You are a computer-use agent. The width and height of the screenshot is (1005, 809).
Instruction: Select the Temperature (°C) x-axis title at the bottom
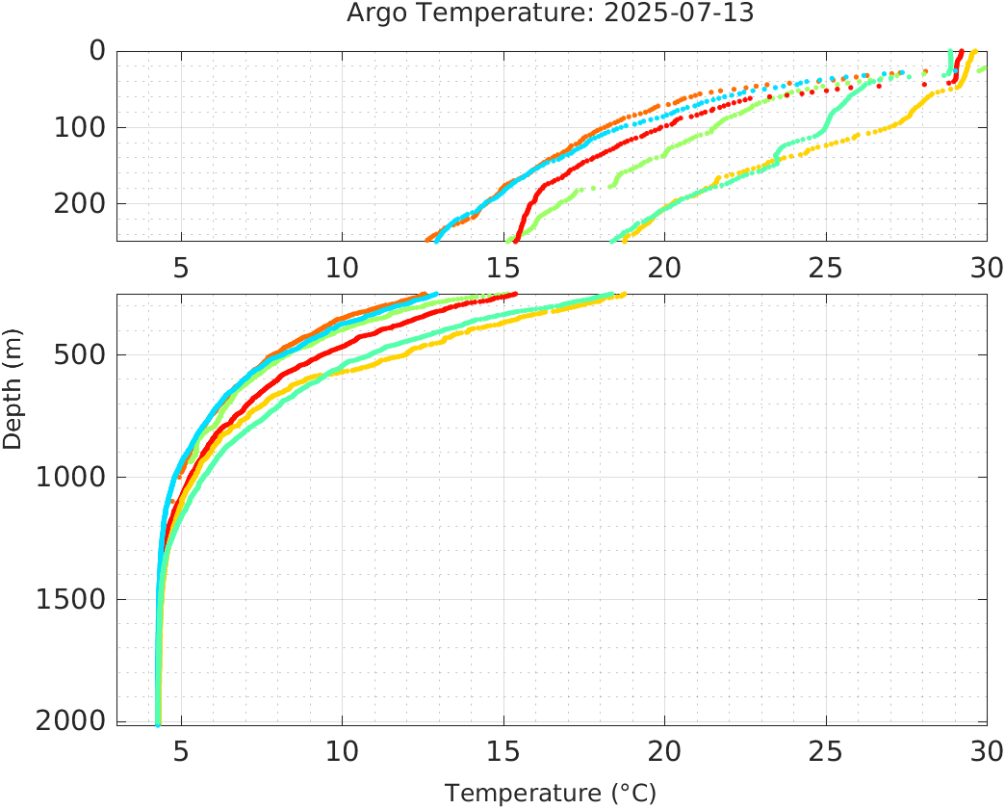coord(551,793)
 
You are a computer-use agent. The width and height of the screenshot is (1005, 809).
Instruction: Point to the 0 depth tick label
coord(96,50)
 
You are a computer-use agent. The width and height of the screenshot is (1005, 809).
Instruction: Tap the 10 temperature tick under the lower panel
coord(342,749)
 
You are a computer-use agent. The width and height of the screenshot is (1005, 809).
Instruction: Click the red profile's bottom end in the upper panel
coord(517,240)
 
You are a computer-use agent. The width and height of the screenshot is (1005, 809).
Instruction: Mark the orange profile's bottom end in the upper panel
coord(428,240)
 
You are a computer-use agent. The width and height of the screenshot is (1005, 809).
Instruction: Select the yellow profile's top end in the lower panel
coord(624,295)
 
